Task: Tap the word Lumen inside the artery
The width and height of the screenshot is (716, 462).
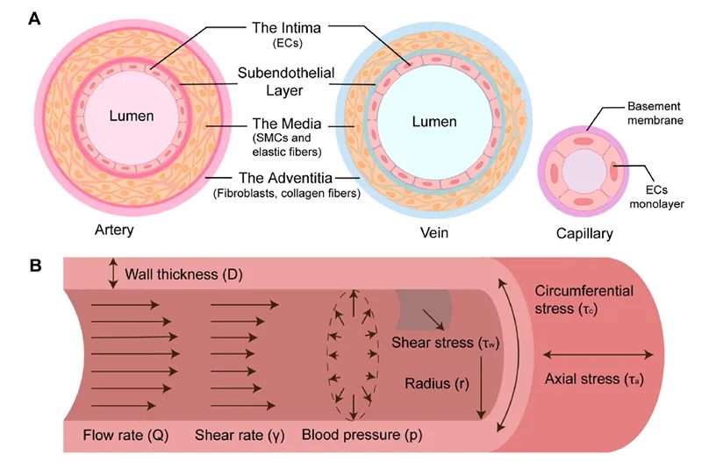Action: [x=132, y=116]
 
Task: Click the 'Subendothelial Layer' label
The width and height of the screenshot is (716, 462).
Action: [x=286, y=82]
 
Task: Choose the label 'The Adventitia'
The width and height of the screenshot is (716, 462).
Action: [x=285, y=179]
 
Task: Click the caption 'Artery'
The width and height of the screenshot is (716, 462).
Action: [x=114, y=231]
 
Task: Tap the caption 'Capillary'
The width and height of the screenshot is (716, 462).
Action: [x=584, y=234]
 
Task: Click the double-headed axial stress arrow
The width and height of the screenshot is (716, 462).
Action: [x=599, y=354]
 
